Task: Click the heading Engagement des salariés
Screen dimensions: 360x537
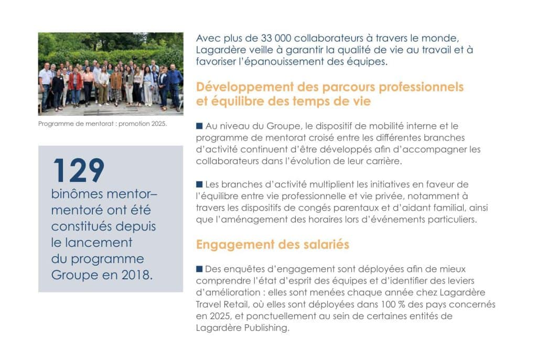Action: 273,245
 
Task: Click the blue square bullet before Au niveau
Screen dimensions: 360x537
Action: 199,126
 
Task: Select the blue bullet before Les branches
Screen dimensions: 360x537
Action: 199,184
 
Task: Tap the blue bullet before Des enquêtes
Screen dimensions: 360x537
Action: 199,269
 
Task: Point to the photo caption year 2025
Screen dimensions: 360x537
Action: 156,124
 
